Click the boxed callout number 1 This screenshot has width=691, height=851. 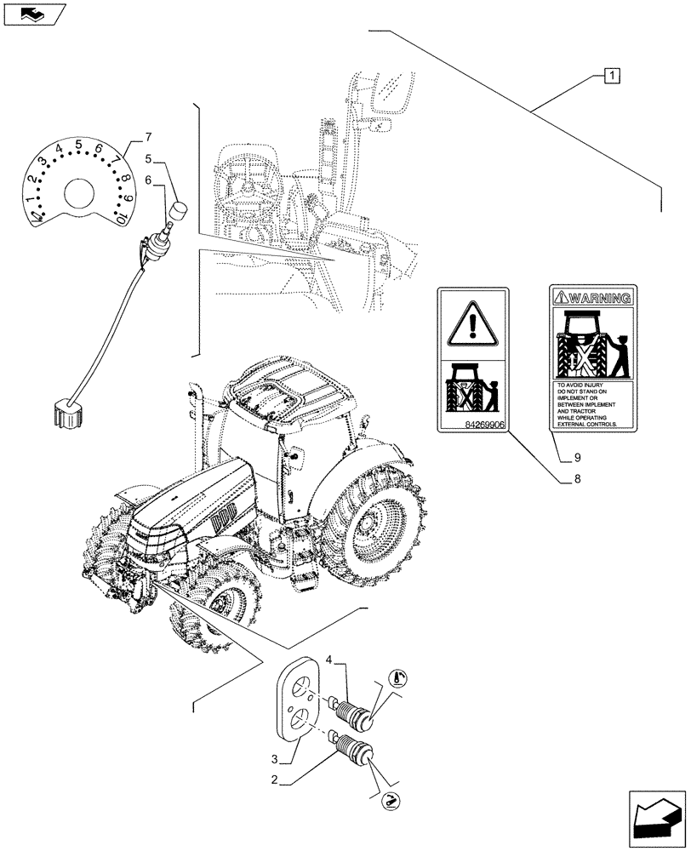coord(612,75)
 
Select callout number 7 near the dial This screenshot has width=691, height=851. coord(148,136)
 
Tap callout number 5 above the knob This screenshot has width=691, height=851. coord(147,158)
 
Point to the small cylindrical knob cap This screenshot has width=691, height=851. coord(180,210)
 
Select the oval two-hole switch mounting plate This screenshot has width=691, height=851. coord(298,702)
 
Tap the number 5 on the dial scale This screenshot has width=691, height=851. coord(78,144)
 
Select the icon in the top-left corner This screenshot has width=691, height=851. coord(33,14)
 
